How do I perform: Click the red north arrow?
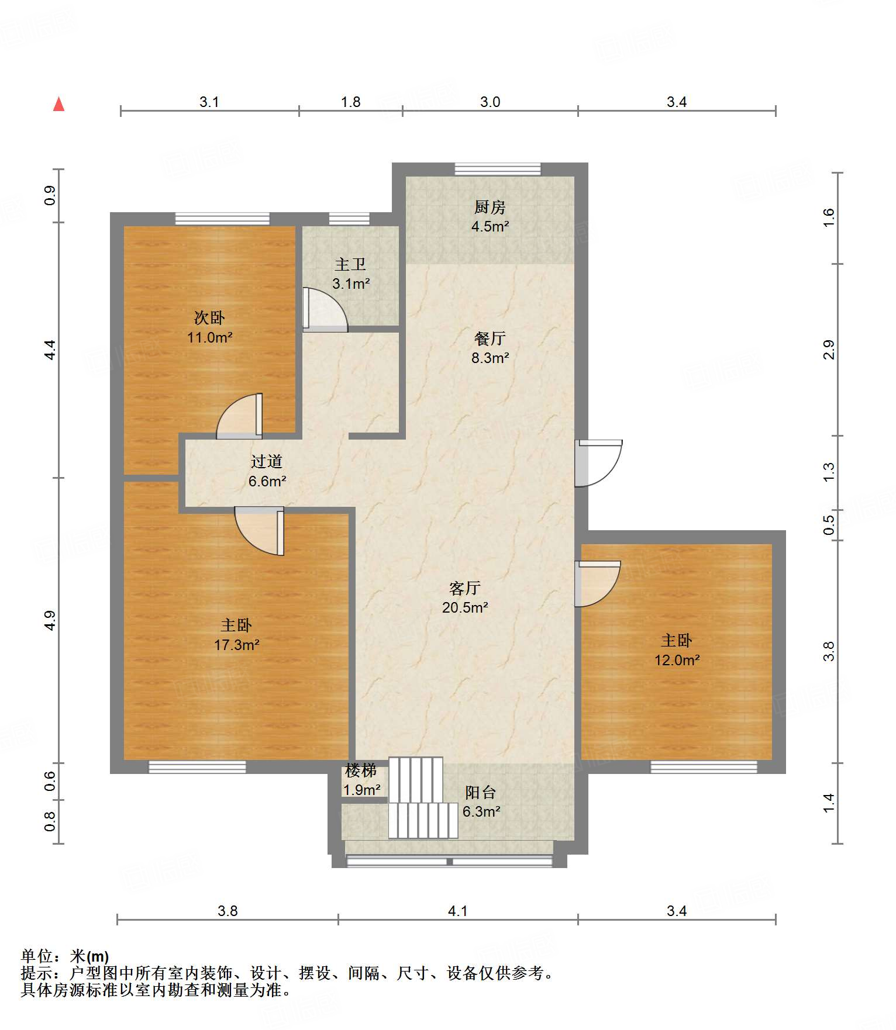pos(58,104)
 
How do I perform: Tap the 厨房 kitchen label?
pos(490,207)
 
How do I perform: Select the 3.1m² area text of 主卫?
pos(351,284)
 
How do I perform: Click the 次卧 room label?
pos(209,318)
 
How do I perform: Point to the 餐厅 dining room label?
pos(490,338)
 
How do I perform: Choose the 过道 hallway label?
pos(267,462)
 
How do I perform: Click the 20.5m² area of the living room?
pos(465,608)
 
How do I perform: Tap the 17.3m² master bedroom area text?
pos(236,645)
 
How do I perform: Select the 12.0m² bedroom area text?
pos(677,661)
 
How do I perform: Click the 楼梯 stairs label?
pos(361,771)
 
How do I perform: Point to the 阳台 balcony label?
pos(481,793)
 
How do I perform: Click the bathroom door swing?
pos(325,309)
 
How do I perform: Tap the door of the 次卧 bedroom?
pos(239,416)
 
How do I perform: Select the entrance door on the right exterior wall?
pos(598,463)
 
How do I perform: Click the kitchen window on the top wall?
pos(498,169)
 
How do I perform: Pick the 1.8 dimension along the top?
pos(351,102)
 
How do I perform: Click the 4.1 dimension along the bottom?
pos(458,911)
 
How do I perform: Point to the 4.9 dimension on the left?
pos(50,620)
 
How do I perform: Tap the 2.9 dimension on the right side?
pos(829,350)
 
